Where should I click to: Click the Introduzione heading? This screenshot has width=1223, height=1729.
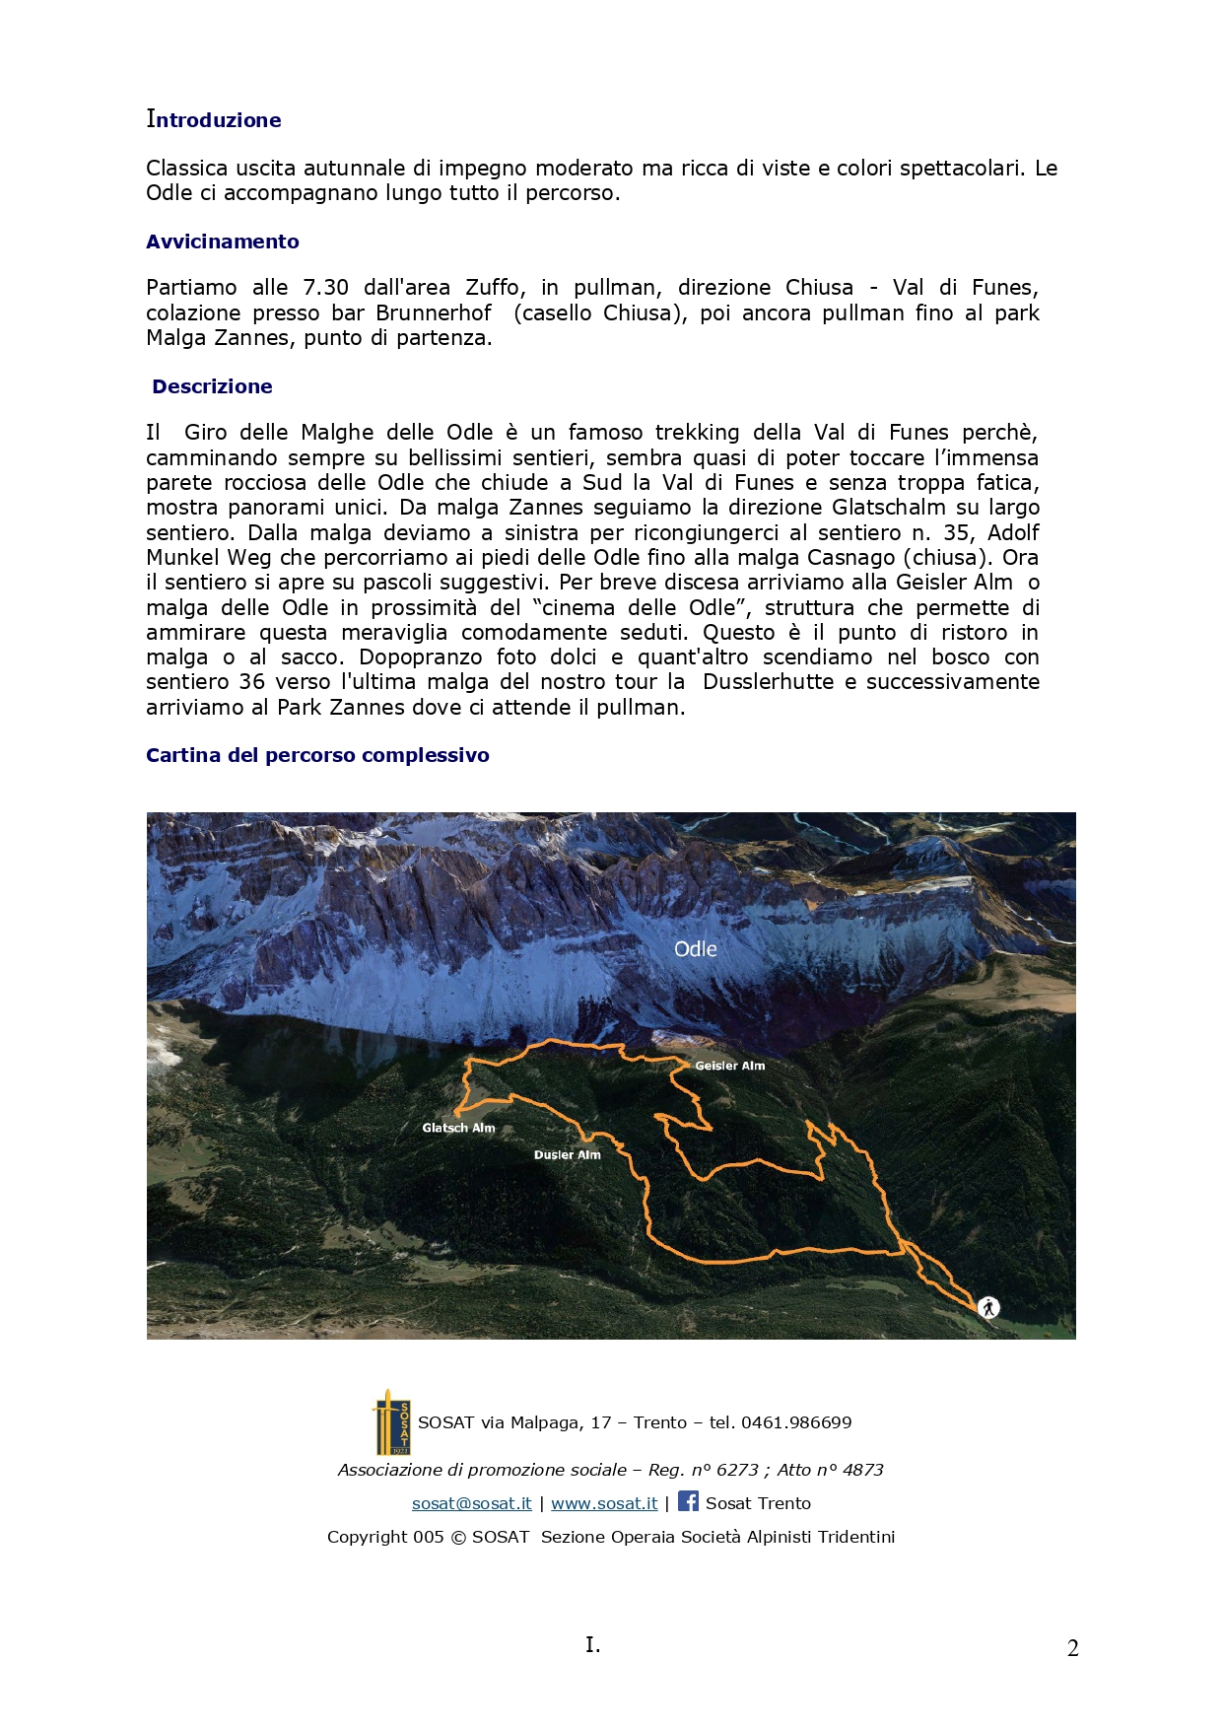[214, 120]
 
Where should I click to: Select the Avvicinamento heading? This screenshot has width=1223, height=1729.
[223, 242]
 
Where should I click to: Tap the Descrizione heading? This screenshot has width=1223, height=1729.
[212, 386]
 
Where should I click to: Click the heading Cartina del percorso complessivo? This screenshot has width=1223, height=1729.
[317, 755]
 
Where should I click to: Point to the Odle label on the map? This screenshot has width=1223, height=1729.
[695, 949]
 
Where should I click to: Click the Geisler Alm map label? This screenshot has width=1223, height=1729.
[729, 1066]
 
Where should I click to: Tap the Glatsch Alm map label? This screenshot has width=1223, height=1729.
[458, 1128]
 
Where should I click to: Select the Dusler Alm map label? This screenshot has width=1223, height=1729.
[567, 1154]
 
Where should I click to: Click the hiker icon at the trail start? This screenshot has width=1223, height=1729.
[988, 1307]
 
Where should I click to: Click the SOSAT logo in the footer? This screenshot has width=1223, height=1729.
[392, 1422]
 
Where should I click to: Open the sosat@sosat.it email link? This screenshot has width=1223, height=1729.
[471, 1503]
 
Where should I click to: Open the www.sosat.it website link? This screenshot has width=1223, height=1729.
[604, 1503]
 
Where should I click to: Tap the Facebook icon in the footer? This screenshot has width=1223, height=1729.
[688, 1501]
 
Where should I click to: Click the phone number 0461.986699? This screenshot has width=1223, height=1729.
[796, 1422]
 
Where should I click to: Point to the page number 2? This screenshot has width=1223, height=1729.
[1072, 1648]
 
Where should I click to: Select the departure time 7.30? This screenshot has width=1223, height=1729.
[325, 288]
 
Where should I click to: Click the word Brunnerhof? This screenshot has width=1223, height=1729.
[434, 313]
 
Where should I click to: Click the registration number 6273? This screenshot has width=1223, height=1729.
[737, 1470]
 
